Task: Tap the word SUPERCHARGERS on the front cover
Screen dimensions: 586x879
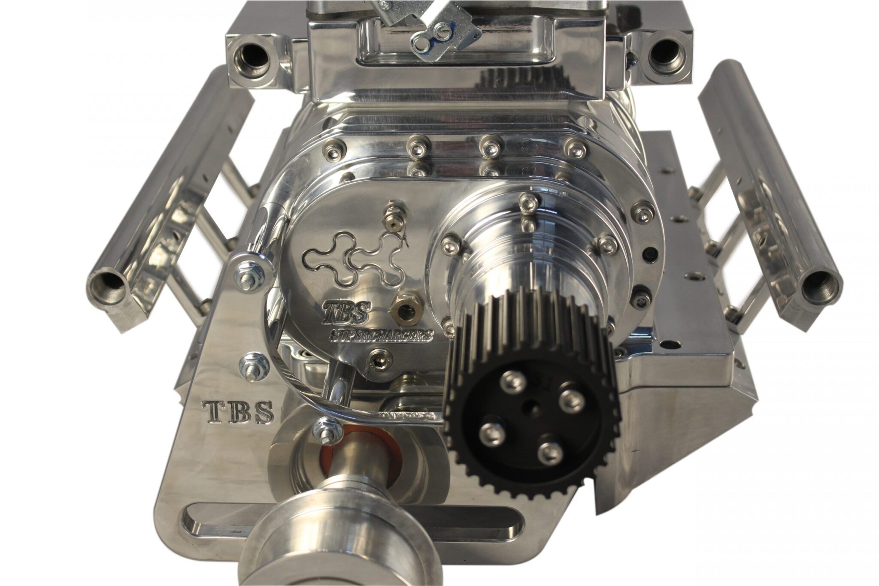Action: pyautogui.click(x=381, y=335)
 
